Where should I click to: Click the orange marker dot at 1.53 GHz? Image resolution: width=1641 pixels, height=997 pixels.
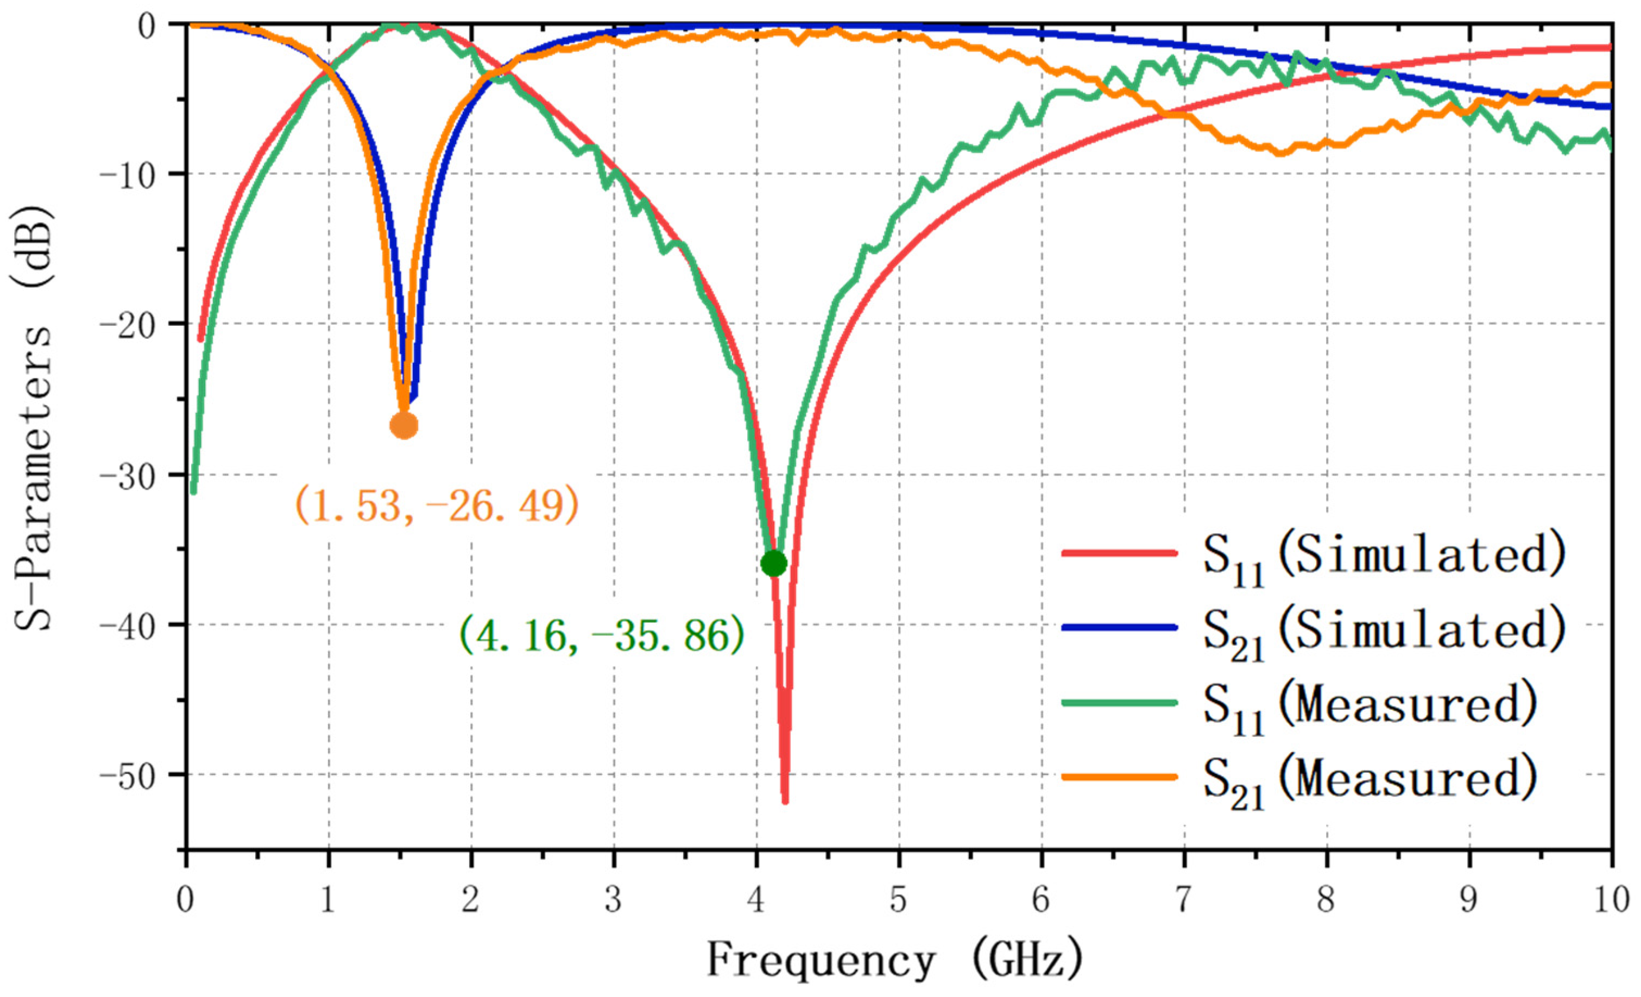[403, 425]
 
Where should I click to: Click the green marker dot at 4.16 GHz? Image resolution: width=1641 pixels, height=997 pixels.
[773, 564]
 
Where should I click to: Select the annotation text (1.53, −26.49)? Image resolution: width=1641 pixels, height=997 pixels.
[436, 506]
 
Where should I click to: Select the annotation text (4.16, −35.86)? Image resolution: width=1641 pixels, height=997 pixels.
[601, 635]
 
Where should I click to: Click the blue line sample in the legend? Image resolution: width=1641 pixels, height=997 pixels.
[1119, 627]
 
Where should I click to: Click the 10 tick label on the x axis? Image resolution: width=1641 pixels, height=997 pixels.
[1611, 900]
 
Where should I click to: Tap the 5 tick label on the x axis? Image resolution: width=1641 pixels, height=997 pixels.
[898, 900]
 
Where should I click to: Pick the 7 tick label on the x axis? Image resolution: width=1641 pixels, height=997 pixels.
[1183, 900]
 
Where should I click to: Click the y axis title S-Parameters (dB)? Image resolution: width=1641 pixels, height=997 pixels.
[33, 420]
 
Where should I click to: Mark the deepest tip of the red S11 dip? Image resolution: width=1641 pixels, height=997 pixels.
[785, 801]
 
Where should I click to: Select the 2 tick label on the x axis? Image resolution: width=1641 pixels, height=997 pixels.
[470, 900]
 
